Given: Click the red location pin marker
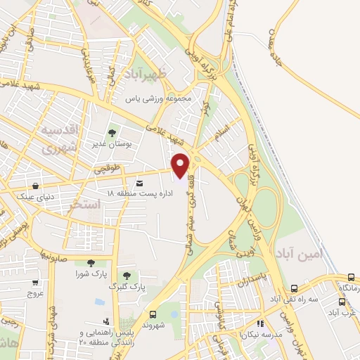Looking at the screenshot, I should (181, 165).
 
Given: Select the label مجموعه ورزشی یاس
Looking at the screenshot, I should (158, 98).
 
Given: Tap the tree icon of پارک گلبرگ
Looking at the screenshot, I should (127, 276).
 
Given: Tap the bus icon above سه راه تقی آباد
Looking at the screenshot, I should (294, 288).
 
